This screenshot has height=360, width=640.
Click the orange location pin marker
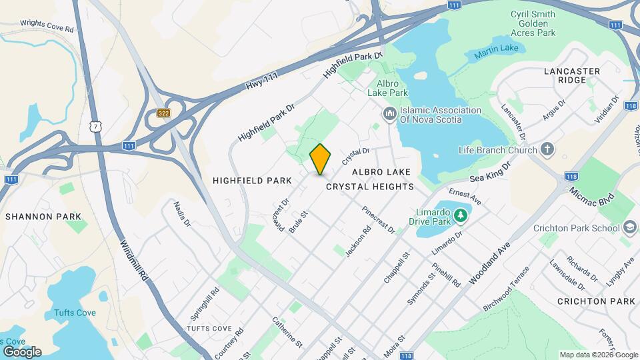(321, 159)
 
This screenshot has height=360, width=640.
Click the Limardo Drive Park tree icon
(459, 215)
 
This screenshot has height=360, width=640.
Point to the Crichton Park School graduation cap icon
(627, 227)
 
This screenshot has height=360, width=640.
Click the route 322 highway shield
(164, 113)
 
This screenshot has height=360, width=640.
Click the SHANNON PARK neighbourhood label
(43, 217)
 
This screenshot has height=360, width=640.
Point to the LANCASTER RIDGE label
(572, 75)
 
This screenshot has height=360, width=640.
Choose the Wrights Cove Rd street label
(47, 25)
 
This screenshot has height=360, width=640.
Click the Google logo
(21, 351)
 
